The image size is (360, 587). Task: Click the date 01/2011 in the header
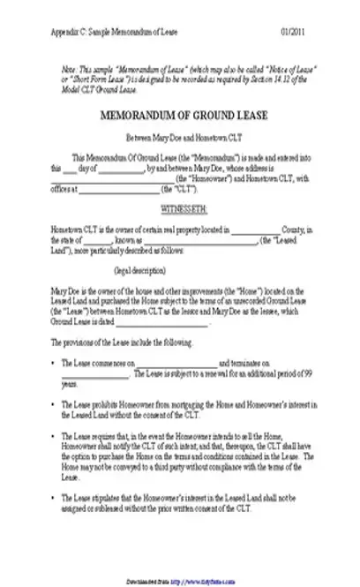pyautogui.click(x=301, y=32)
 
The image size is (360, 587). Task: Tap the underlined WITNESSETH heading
pyautogui.click(x=182, y=207)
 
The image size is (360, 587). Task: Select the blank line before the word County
pyautogui.click(x=259, y=228)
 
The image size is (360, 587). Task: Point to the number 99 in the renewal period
pyautogui.click(x=305, y=374)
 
